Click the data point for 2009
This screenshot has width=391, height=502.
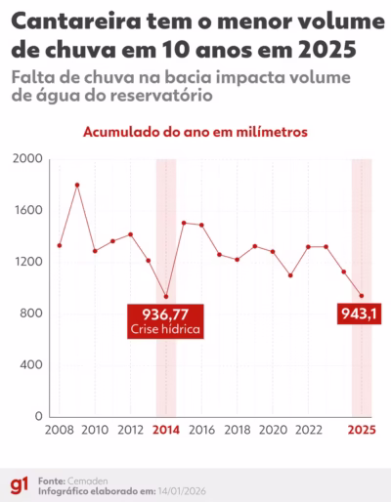tap(77, 185)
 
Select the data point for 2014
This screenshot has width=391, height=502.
tap(166, 297)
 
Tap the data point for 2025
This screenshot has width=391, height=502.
tap(362, 296)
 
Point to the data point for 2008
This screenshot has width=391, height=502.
tap(60, 245)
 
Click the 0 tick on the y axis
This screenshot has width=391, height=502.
tap(39, 417)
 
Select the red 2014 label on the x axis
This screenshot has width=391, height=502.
tap(166, 430)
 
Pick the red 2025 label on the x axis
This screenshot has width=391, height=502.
tap(362, 430)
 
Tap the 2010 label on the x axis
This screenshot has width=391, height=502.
tap(95, 430)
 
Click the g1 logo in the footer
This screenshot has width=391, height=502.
tap(19, 485)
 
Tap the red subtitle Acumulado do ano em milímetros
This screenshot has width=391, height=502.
tap(195, 131)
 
